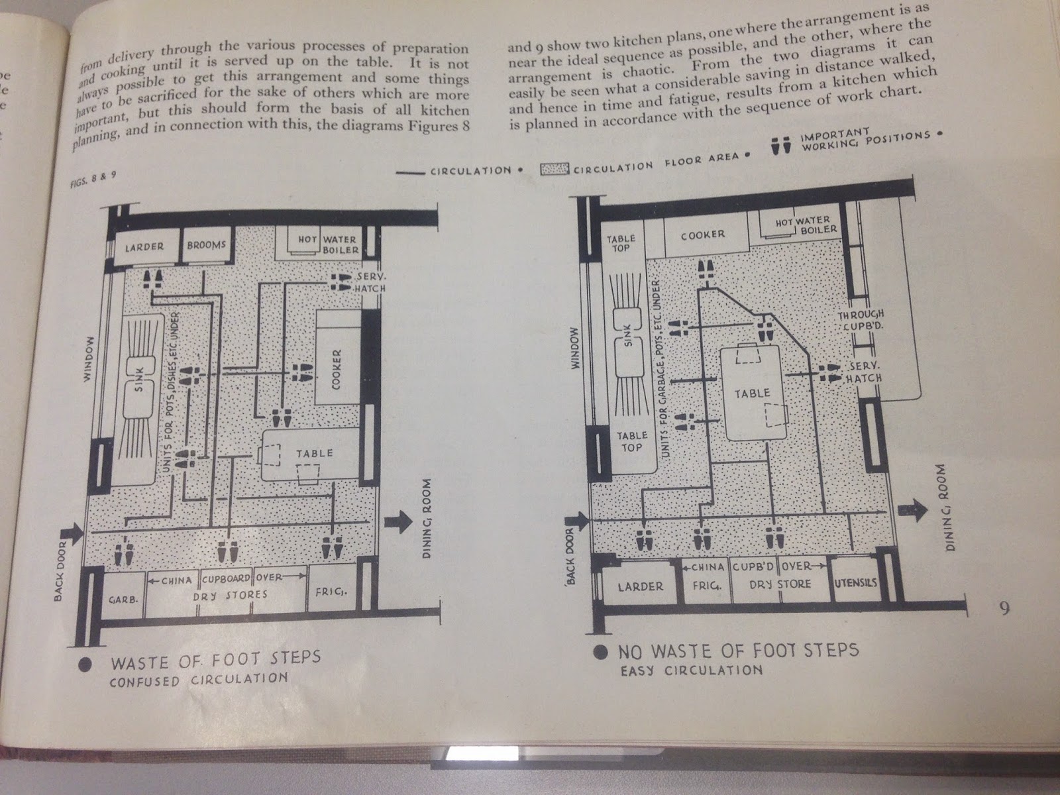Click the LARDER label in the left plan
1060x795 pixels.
coord(144,247)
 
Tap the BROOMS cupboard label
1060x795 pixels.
coord(207,245)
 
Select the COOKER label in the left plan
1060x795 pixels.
coord(337,370)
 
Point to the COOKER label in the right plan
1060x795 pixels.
coord(702,235)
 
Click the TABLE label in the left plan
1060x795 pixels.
coord(315,453)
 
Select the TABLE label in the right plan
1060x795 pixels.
coord(753,394)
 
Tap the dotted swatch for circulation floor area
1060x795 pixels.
coord(555,170)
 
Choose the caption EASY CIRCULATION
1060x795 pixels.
coord(691,670)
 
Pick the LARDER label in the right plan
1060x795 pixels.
coord(640,586)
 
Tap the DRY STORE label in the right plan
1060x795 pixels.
coord(780,584)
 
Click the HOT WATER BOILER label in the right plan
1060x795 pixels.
coord(805,225)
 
